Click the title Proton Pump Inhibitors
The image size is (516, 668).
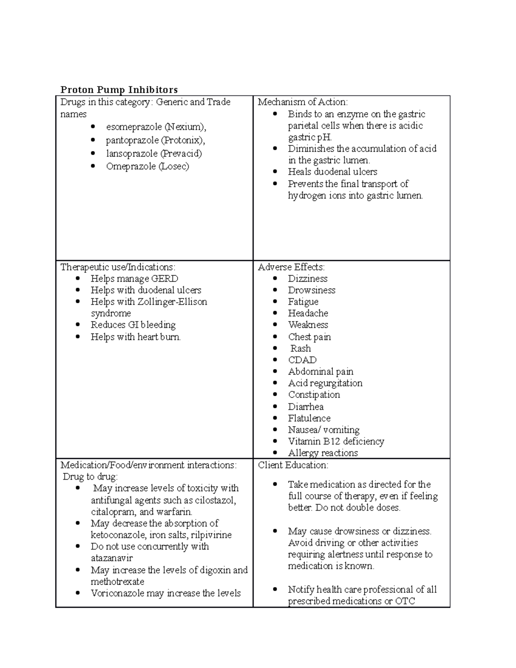point(119,89)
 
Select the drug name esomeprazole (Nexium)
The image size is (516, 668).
point(156,127)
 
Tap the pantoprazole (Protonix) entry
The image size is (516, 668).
point(155,140)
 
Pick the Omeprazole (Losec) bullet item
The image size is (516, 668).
point(147,166)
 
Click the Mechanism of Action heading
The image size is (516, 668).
point(303,102)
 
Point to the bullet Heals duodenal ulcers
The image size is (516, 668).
point(332,172)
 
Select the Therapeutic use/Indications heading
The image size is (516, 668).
point(118,267)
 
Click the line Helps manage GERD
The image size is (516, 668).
point(134,279)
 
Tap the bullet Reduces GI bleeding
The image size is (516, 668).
point(133,325)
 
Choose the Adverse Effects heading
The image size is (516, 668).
point(291,267)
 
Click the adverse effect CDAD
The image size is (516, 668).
point(302,360)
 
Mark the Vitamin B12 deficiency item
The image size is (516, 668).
point(336,441)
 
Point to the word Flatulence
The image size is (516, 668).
point(309,418)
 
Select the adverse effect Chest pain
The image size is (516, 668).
point(309,337)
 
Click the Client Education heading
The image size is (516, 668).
point(293,465)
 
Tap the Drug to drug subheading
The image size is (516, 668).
point(90,477)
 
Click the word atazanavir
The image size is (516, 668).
point(112,558)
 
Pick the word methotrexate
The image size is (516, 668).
point(117,582)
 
